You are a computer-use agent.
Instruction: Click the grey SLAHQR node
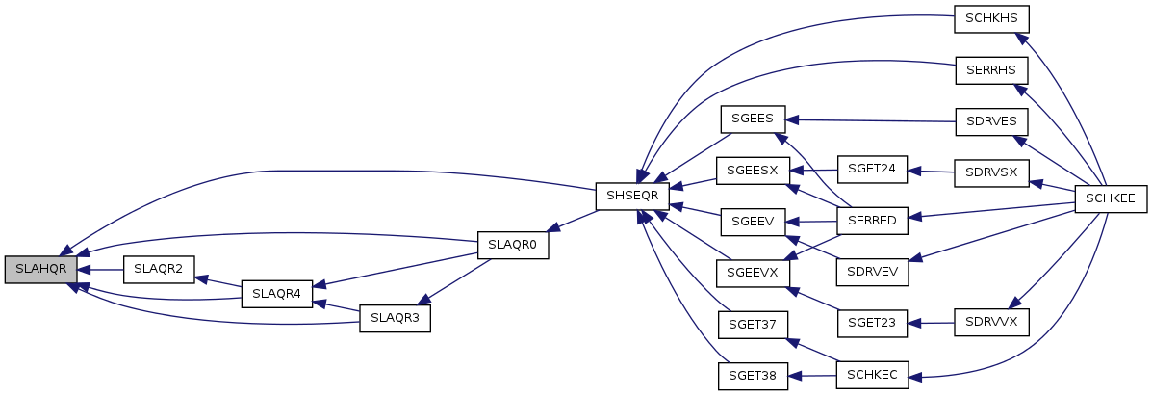tap(40, 270)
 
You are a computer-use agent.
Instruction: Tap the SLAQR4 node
tap(276, 293)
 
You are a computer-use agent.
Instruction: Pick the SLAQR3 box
tap(395, 318)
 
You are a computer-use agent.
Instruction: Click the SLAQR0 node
tap(513, 245)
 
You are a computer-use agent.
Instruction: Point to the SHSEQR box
tap(632, 196)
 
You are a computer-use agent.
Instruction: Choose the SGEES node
tap(753, 119)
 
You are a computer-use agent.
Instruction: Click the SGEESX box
tap(753, 171)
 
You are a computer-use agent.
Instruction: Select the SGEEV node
tap(753, 221)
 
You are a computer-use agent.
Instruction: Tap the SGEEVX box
tap(753, 272)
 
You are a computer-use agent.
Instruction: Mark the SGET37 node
tap(753, 323)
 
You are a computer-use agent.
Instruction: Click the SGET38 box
tap(753, 374)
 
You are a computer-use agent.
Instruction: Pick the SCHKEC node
tap(873, 374)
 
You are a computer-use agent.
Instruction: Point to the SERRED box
tap(873, 221)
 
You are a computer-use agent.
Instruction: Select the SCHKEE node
tap(1110, 196)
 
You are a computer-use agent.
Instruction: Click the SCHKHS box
tap(991, 18)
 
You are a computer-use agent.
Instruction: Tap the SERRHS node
tap(991, 69)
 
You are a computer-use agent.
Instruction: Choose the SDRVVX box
tap(991, 323)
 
